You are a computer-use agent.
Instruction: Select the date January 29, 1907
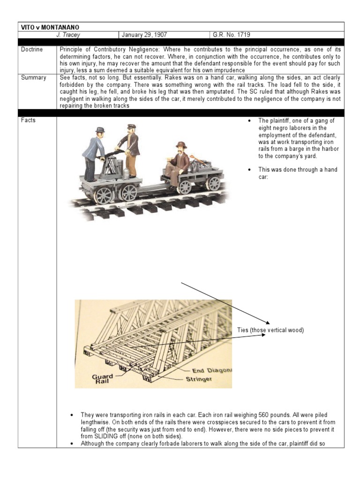coord(144,34)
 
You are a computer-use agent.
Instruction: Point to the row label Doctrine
coord(31,49)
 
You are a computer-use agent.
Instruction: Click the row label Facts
coord(28,120)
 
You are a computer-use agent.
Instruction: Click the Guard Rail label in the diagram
coord(102,379)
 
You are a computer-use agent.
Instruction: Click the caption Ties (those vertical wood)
coord(270,330)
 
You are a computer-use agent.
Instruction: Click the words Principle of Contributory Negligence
coord(106,49)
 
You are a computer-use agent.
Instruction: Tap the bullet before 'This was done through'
coord(249,170)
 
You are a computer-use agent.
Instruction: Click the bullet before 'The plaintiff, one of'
coord(249,121)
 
